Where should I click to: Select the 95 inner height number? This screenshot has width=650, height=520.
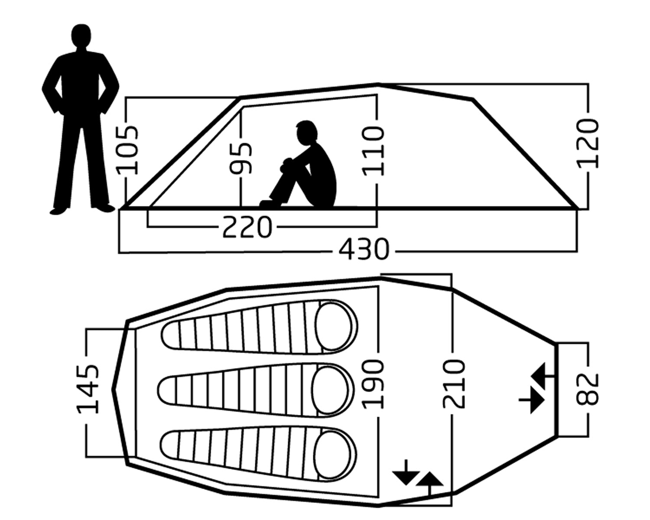pyautogui.click(x=241, y=158)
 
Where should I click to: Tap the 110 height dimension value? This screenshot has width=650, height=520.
pyautogui.click(x=374, y=151)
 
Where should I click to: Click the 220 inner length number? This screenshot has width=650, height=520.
pyautogui.click(x=247, y=227)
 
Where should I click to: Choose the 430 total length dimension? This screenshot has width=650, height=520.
pyautogui.click(x=364, y=250)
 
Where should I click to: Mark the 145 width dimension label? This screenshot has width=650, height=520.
pyautogui.click(x=88, y=389)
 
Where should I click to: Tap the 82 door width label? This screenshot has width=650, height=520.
pyautogui.click(x=588, y=389)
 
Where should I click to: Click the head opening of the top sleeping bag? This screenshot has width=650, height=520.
pyautogui.click(x=335, y=325)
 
